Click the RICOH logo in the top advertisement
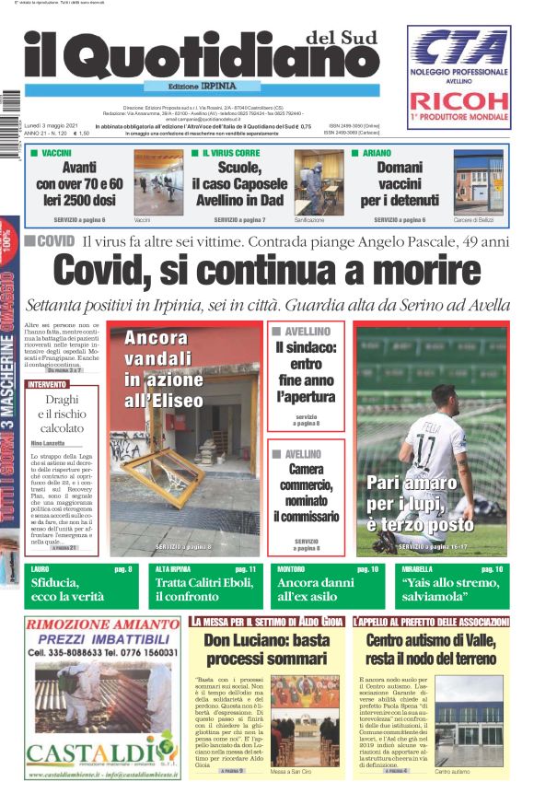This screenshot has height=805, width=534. point(458,101)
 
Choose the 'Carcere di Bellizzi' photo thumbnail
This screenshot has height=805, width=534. point(478,182)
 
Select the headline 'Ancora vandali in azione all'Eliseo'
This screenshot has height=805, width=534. point(164,368)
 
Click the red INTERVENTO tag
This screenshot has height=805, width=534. point(48,384)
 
